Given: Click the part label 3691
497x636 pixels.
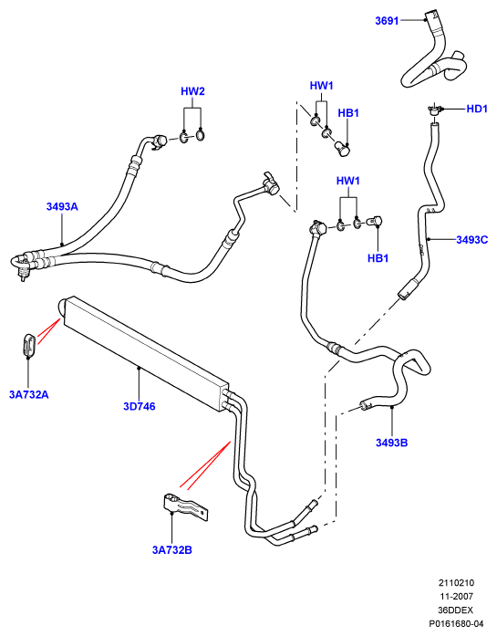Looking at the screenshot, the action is pyautogui.click(x=387, y=21).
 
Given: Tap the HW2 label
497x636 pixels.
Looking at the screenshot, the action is pyautogui.click(x=192, y=91).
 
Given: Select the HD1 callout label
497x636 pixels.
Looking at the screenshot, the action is pyautogui.click(x=477, y=109).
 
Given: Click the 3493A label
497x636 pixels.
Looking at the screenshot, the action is pyautogui.click(x=62, y=206).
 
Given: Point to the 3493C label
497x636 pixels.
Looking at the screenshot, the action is pyautogui.click(x=471, y=240).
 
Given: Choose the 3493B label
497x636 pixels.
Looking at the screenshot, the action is pyautogui.click(x=391, y=443).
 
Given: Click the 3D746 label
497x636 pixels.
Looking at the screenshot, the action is pyautogui.click(x=139, y=406).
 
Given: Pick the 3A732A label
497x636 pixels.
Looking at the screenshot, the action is pyautogui.click(x=29, y=394).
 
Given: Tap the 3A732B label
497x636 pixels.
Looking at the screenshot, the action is pyautogui.click(x=171, y=550).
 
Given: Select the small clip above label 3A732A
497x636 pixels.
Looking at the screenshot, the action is pyautogui.click(x=29, y=346).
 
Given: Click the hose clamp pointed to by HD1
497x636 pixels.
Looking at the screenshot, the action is pyautogui.click(x=434, y=109).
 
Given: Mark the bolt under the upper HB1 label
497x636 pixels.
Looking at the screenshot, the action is pyautogui.click(x=343, y=149).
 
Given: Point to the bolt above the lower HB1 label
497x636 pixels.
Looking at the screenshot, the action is pyautogui.click(x=374, y=222).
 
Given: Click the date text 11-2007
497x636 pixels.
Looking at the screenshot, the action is pyautogui.click(x=457, y=596).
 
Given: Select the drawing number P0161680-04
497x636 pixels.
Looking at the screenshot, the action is pyautogui.click(x=457, y=623).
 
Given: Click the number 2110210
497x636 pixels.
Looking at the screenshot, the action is pyautogui.click(x=456, y=583).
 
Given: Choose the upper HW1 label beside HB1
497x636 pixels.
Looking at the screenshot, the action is pyautogui.click(x=322, y=86).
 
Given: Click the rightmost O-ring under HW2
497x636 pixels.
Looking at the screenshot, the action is pyautogui.click(x=201, y=135).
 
